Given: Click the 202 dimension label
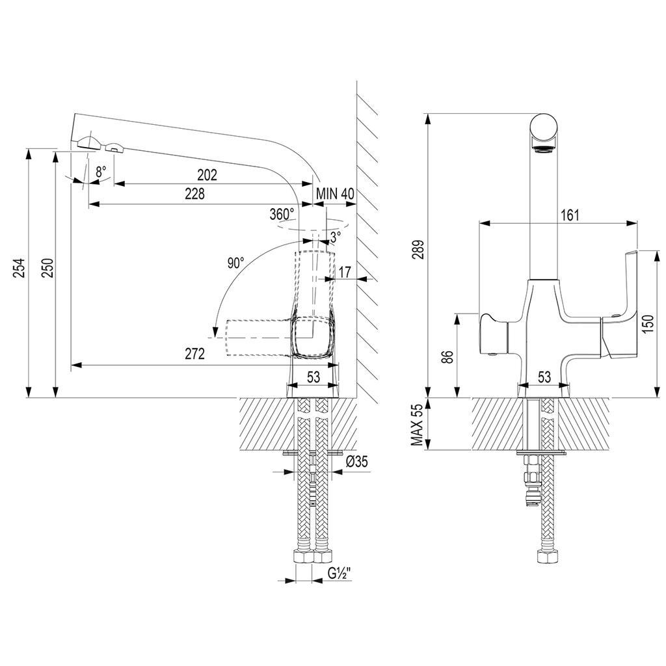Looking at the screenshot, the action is coord(207,174).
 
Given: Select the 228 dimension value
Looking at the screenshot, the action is coord(194,194).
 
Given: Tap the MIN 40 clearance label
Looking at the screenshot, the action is coord(335,194).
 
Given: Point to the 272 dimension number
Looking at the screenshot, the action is coord(194,353).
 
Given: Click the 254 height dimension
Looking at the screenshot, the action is coord(19,268).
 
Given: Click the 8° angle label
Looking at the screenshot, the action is coord(101,172).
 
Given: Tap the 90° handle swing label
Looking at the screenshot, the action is coord(235,263).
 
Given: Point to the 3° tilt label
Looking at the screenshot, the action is coord(336,237).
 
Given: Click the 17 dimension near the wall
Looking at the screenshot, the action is coord(345,272).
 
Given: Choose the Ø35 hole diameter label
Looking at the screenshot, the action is coord(356,461).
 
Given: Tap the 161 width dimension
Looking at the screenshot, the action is coord(570,215).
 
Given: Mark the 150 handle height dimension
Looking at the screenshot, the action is coord(647,324).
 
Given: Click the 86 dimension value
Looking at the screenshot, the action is coord(446,356).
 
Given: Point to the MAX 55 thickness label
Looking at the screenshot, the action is coord(418,424).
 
